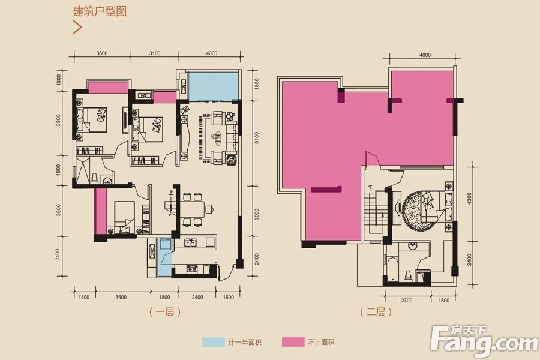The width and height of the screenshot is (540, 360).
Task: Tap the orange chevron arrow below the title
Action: pyautogui.click(x=77, y=27)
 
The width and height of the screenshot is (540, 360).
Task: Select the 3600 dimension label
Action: pyautogui.click(x=101, y=53)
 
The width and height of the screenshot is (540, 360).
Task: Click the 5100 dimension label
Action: pyautogui.click(x=255, y=139)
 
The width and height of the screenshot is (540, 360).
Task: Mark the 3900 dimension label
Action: pyautogui.click(x=59, y=119)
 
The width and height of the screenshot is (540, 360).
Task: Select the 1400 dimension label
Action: pyautogui.click(x=83, y=297)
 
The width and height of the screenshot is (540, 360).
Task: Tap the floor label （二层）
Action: pyautogui.click(x=376, y=312)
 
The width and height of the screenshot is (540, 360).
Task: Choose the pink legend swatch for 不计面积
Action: pyautogui.click(x=292, y=343)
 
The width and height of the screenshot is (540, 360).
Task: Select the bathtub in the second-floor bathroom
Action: pyautogui.click(x=392, y=270)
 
